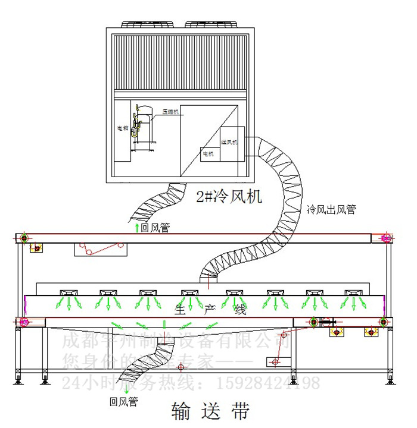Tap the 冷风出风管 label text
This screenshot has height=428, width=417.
(331, 210)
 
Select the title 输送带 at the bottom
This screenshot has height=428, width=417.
(210, 411)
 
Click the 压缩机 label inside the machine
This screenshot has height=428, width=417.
(169, 111)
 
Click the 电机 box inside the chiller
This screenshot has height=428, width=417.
(208, 154)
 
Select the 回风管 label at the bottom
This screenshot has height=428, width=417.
(123, 402)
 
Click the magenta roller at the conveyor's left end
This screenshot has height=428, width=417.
(24, 322)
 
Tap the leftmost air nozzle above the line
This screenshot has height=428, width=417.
(69, 294)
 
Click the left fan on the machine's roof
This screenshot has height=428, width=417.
(148, 24)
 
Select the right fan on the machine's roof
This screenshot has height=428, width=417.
(211, 24)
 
